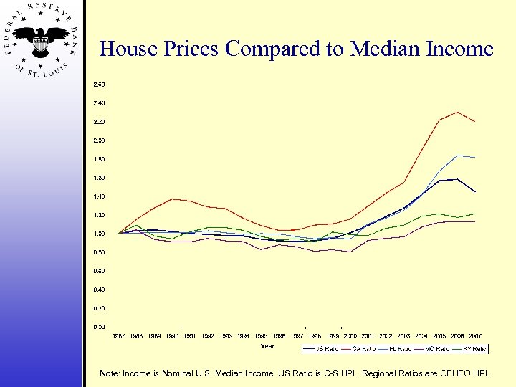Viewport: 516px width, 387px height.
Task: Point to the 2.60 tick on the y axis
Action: pos(99,85)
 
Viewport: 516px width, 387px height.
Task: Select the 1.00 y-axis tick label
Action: pos(99,234)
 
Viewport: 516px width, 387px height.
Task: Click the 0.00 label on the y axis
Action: pos(99,327)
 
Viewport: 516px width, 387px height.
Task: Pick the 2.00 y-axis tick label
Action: pos(99,140)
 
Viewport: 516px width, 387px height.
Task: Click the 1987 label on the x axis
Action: pos(119,335)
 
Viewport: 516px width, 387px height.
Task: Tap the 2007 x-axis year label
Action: pos(475,335)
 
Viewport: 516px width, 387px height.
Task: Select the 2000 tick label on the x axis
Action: pos(350,335)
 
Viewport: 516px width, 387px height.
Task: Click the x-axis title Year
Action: pos(267,346)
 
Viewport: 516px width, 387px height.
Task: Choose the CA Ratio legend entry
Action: pos(364,349)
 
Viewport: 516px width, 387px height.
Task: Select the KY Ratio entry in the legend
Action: pos(473,349)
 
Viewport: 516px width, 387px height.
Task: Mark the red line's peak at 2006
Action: pos(457,112)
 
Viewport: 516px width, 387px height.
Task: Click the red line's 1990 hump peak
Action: pos(173,199)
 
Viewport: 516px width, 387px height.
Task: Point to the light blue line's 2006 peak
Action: pos(457,156)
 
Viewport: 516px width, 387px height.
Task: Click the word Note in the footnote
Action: pos(110,373)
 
